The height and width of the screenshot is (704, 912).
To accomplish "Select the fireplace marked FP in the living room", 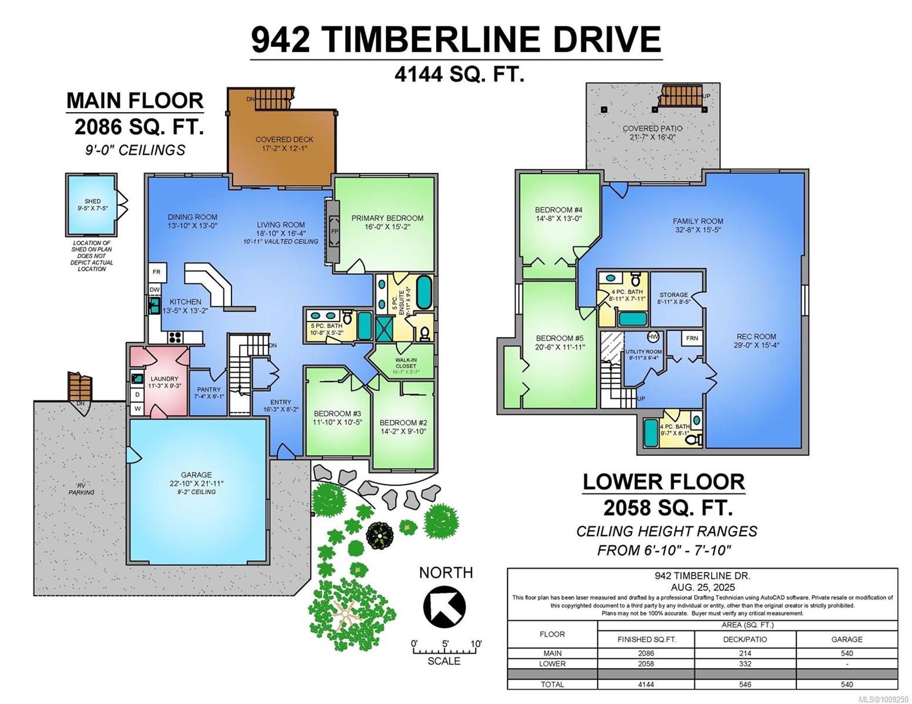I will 335,231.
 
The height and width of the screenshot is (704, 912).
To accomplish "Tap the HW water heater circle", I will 653,337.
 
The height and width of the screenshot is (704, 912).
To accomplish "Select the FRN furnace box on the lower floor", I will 692,339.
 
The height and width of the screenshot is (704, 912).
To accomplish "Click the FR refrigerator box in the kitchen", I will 157,272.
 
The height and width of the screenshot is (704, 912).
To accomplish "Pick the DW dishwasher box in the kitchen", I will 154,290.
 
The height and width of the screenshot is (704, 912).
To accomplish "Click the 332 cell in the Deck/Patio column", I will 744,664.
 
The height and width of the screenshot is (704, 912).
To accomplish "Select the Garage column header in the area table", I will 846,639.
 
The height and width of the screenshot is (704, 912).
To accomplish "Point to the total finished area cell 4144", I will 645,684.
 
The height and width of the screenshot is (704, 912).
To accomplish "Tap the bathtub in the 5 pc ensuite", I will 423,292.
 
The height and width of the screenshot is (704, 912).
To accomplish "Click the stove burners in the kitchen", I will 176,337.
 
